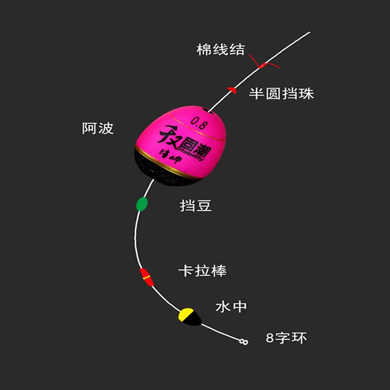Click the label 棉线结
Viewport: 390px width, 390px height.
220,50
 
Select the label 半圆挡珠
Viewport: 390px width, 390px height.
281,94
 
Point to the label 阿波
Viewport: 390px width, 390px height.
97,128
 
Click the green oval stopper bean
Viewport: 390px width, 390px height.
142,204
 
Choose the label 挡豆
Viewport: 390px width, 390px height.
195,206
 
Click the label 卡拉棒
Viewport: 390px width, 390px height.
202,271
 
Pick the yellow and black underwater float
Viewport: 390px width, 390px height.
189,317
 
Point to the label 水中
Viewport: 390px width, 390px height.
231,307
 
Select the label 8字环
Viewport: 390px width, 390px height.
287,338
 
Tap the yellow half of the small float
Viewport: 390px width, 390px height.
185,315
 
